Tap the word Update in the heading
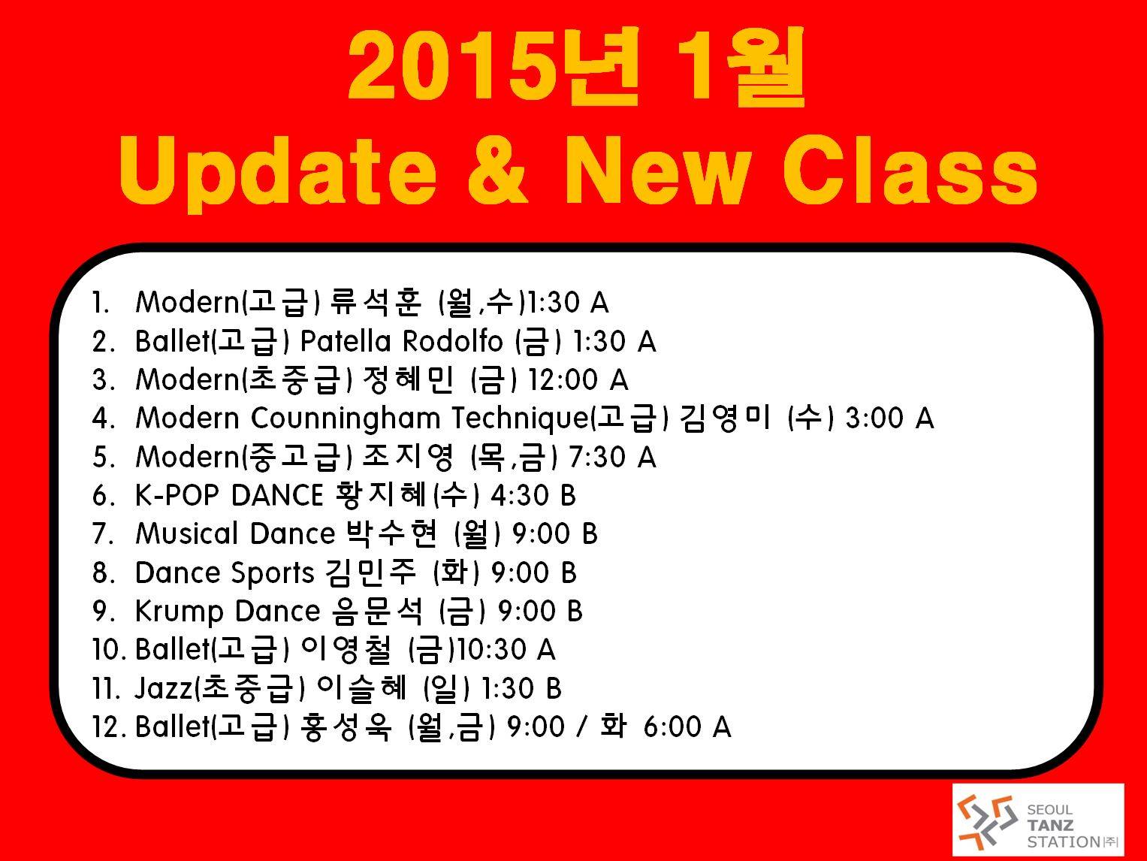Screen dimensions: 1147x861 pyautogui.click(x=277, y=171)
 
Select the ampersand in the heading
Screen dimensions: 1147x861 pyautogui.click(x=497, y=170)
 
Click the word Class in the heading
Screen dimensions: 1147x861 pyautogui.click(x=909, y=170)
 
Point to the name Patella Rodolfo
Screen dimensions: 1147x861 pyautogui.click(x=401, y=342)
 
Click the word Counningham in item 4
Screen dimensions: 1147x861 pyautogui.click(x=346, y=419)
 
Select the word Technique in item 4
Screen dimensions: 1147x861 pyautogui.click(x=521, y=419)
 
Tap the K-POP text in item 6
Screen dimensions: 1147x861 pyautogui.click(x=177, y=495)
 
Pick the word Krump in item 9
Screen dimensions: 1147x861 pyautogui.click(x=180, y=612)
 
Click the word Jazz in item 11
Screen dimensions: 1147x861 pyautogui.click(x=163, y=688)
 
